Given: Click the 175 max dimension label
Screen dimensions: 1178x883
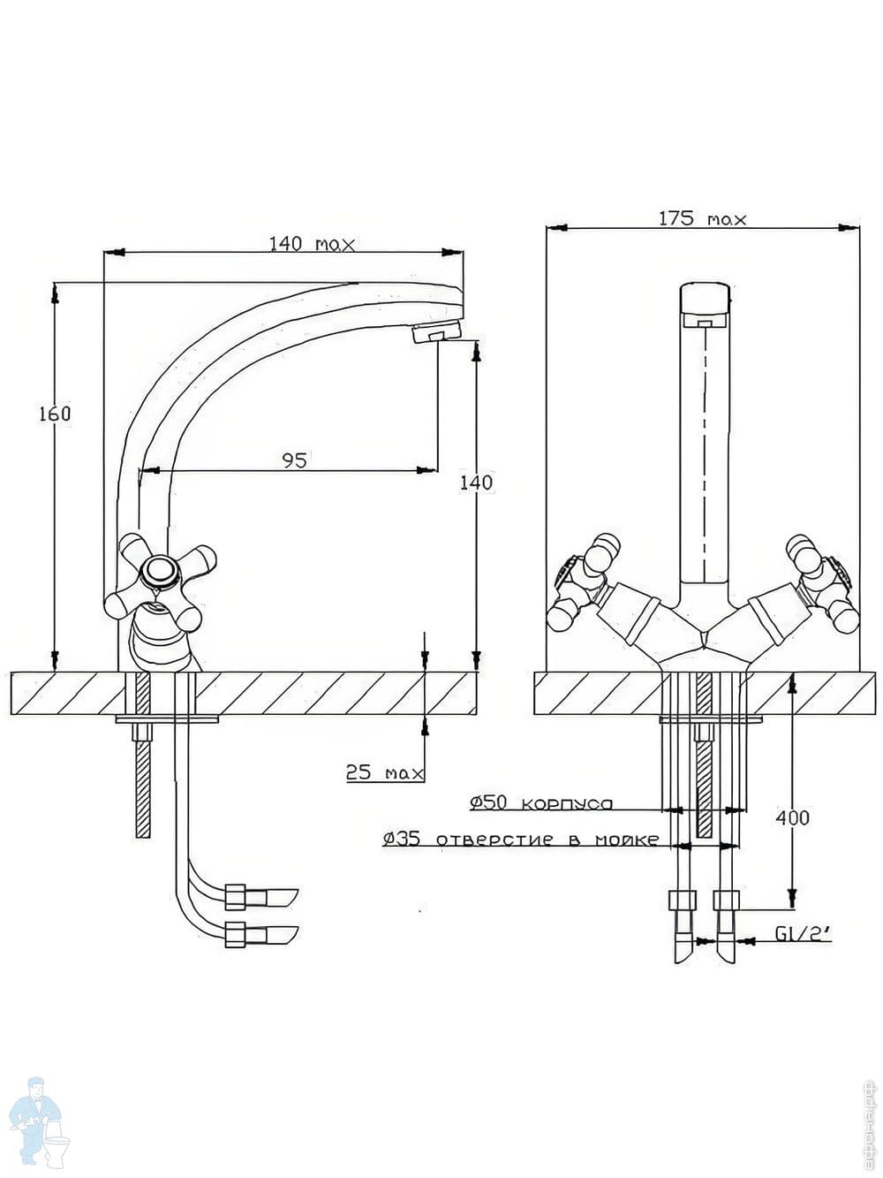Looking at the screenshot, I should pos(702,217).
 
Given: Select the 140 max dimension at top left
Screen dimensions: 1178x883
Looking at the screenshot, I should pos(311,243).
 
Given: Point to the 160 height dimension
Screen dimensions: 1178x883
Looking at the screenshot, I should pos(55,414).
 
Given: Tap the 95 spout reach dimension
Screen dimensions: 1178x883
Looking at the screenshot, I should pos(294,460).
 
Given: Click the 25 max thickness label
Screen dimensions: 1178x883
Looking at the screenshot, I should pos(384,773).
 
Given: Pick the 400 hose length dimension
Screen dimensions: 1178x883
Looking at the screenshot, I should pos(792,817).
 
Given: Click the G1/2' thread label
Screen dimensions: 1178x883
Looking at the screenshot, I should pos(803,934).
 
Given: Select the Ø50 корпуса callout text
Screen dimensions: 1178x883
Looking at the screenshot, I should pos(540,803).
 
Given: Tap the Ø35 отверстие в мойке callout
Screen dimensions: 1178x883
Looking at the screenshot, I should pos(521,840).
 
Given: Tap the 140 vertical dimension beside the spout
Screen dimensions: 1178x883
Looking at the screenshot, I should pos(477,483).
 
